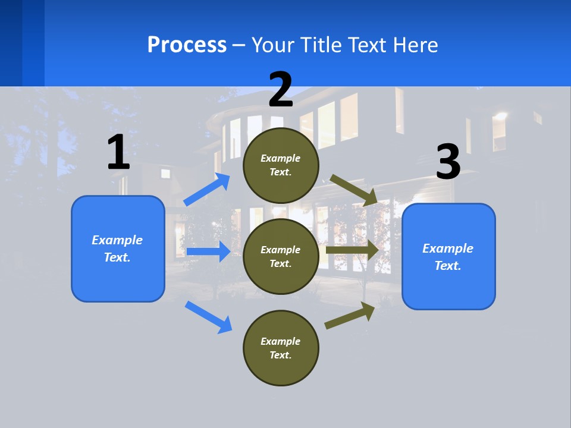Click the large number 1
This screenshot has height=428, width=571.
[118, 152]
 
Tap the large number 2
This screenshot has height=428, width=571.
[281, 89]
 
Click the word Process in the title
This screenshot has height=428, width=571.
[187, 45]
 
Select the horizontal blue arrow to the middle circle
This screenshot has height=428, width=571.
[208, 251]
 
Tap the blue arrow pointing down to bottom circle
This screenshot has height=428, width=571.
[209, 317]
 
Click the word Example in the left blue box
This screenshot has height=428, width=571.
[117, 240]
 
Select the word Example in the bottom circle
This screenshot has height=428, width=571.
[280, 341]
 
